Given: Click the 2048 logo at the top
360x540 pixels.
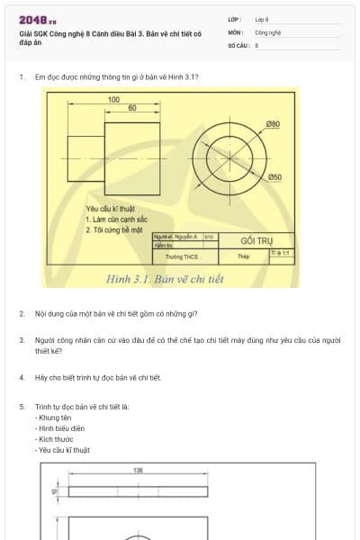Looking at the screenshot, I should [38, 20].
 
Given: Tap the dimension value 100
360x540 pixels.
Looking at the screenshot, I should [113, 100].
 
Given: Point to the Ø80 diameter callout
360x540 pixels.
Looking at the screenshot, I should [273, 123].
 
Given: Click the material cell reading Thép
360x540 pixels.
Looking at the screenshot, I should [243, 256].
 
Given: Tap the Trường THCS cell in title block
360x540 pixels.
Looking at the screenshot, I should [182, 256].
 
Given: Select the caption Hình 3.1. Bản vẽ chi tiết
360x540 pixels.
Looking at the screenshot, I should [165, 279].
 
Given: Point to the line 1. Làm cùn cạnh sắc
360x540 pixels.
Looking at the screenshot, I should [117, 219].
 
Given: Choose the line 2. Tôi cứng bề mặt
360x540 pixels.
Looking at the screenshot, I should [115, 229].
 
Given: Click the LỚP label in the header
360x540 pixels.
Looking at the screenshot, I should [234, 18].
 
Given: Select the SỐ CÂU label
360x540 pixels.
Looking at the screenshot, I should [237, 44].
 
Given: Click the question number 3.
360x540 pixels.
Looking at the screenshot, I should [22, 340].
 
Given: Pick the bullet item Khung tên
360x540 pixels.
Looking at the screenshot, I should [56, 418].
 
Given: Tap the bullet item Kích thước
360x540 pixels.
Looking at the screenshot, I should [56, 439].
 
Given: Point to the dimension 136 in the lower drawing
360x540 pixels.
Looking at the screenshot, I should [138, 471].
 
